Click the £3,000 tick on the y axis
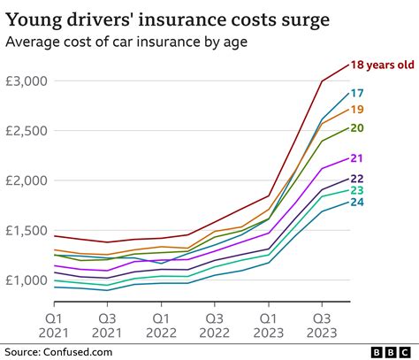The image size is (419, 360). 27,80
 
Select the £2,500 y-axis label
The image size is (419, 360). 27,130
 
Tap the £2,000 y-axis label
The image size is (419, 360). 27,180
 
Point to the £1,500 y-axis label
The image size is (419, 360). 27,230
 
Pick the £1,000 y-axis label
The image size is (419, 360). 27,280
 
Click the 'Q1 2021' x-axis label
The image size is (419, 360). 54,324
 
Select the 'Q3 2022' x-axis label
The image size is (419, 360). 215,324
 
